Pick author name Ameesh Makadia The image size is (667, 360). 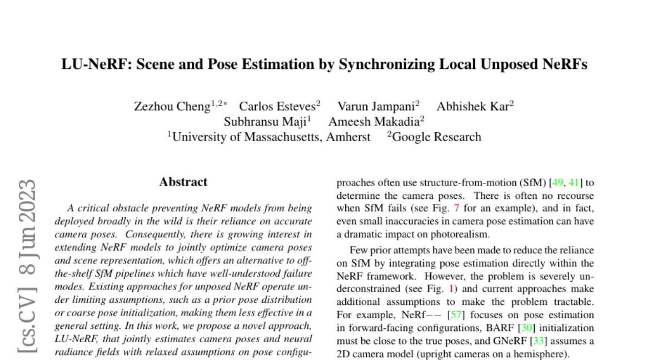tap(374, 121)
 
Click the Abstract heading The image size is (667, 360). tap(183, 182)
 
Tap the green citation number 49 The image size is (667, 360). tap(559, 182)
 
